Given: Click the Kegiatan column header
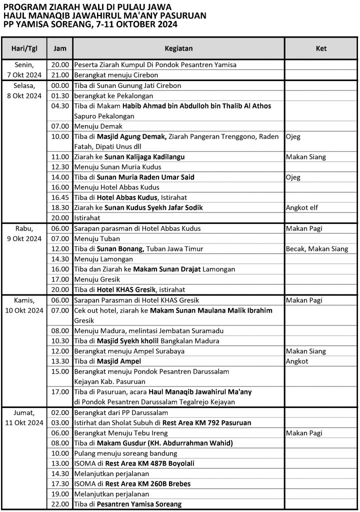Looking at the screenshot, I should pos(178,48).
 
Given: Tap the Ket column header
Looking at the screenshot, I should pos(321,48).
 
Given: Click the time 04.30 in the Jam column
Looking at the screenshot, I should pos(60,106).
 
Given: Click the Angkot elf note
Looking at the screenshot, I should pos(302,207).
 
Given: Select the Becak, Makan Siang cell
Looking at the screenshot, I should pos(317,248).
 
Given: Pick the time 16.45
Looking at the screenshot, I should pos(60,197).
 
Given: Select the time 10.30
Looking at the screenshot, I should pos(60,341).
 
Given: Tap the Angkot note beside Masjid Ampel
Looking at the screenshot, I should pos(297,361).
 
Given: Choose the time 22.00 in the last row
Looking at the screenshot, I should pos(60,504).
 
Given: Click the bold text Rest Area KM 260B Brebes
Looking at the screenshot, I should pos(147,483).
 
